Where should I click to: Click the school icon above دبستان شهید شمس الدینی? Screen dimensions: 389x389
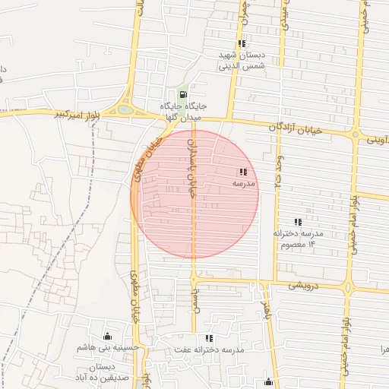pos(242,43)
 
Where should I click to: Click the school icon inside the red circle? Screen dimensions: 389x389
pos(242,172)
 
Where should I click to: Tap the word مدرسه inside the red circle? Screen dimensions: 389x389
pos(244,184)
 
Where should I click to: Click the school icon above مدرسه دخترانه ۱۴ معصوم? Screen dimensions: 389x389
pos(298,222)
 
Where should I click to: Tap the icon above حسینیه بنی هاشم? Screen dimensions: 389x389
pos(107,337)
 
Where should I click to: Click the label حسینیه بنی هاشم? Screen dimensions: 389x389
pos(107,348)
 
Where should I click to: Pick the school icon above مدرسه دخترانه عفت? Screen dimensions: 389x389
pos(209,338)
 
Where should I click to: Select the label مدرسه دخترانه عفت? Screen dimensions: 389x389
pos(209,349)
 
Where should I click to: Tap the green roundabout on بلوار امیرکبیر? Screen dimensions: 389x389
pos(125,110)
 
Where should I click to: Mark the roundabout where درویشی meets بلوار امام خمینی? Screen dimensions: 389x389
pos(349,288)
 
